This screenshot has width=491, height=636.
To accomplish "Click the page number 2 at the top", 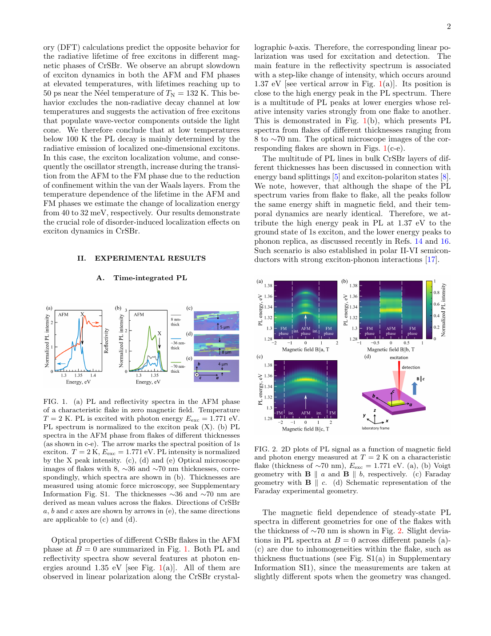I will (449, 27).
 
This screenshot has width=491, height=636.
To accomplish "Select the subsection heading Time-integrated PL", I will (150, 278).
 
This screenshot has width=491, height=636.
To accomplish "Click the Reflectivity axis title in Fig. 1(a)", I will (106, 341).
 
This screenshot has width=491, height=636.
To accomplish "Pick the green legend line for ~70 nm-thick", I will (176, 362).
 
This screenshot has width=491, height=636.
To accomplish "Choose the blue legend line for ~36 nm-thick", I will (176, 338).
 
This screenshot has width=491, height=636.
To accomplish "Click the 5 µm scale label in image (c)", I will (225, 327).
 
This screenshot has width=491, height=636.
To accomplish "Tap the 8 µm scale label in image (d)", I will (226, 352).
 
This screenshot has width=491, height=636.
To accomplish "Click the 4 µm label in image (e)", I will (223, 364).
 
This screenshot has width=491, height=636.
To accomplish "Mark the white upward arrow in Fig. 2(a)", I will (306, 319).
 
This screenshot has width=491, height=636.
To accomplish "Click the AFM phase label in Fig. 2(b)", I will (391, 331).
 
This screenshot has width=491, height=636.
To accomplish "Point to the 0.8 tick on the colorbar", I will (436, 293).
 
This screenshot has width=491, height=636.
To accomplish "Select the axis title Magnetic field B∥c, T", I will (306, 429).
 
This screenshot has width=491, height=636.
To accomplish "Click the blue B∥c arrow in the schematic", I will (415, 388).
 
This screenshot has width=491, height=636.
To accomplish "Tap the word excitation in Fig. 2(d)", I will (399, 358).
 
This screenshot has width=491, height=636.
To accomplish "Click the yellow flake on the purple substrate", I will (396, 403).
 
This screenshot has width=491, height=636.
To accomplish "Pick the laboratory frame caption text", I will (375, 428).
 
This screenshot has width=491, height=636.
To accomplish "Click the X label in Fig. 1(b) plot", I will (160, 334).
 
